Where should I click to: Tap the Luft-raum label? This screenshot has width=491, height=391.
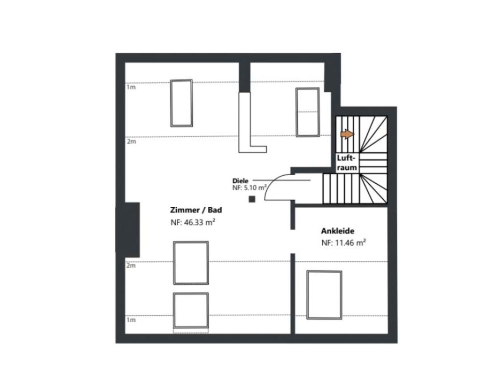(347, 163)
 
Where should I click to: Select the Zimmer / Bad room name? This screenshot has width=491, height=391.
(196, 210)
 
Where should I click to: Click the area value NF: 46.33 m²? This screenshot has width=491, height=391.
(193, 222)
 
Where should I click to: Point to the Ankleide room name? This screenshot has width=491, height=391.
(337, 231)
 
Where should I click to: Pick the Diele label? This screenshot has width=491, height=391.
(240, 181)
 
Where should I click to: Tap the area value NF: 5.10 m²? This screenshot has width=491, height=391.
(249, 188)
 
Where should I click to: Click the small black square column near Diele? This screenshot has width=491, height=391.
(252, 199)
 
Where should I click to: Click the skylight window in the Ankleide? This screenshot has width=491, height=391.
(324, 295)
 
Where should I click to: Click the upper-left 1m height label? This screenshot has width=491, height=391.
(131, 87)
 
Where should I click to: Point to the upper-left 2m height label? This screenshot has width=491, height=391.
(131, 141)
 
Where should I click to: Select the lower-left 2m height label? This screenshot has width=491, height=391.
(131, 266)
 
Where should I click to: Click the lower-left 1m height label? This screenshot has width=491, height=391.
(131, 320)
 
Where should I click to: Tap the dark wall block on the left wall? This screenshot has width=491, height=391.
(128, 230)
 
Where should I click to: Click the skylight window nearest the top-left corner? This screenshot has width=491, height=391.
(181, 103)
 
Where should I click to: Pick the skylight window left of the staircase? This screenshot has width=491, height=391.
(308, 112)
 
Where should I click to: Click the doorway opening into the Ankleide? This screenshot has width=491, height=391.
(293, 241)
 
